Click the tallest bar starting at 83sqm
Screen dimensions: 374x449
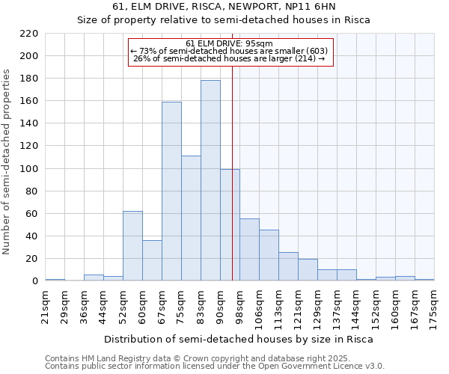[x=210, y=180]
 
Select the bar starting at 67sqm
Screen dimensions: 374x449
[x=171, y=191]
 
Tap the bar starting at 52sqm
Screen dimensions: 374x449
[x=132, y=246]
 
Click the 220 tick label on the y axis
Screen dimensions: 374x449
[x=28, y=34]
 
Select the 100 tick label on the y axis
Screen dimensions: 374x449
[x=28, y=169]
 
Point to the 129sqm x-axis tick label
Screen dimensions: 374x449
[x=318, y=307]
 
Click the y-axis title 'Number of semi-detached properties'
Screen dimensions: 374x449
[x=8, y=162]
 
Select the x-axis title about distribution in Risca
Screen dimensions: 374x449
[x=238, y=339]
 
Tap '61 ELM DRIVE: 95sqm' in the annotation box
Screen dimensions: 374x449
[x=229, y=43]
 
